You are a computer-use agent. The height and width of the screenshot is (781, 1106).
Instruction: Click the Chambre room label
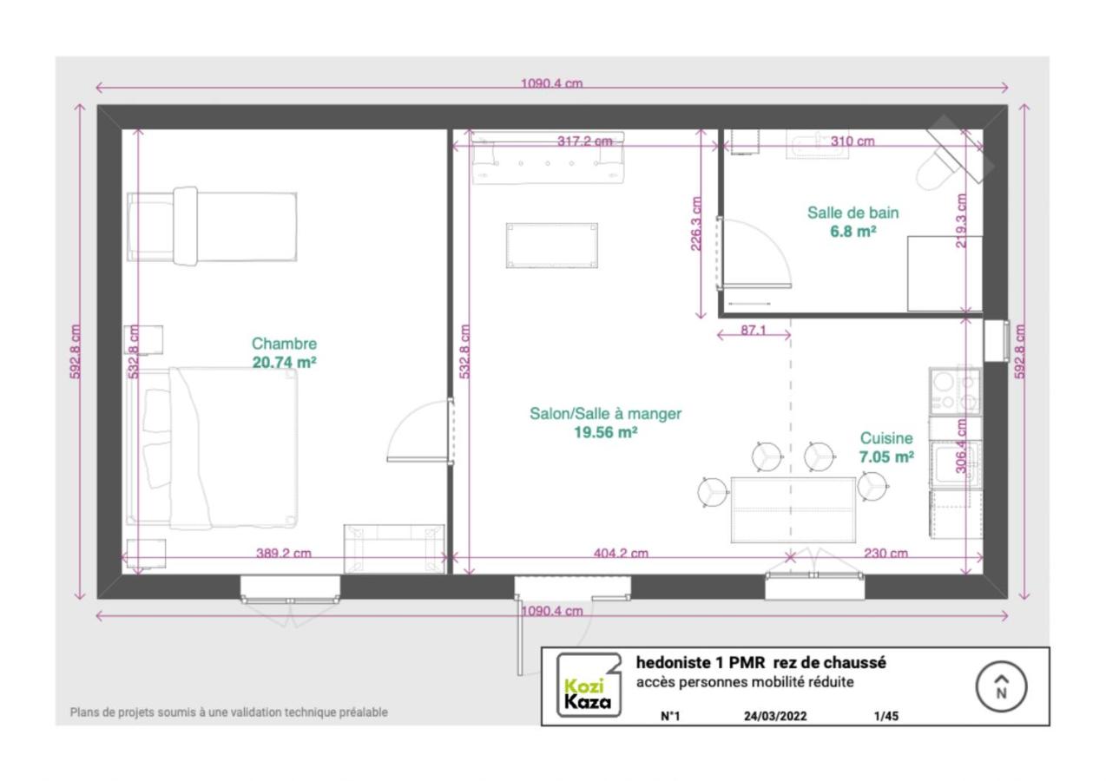click(x=284, y=344)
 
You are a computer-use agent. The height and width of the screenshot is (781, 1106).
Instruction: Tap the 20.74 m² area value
click(x=284, y=363)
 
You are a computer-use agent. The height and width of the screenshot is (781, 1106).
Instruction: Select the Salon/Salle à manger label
click(x=605, y=414)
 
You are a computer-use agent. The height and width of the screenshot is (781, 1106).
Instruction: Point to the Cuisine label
click(x=886, y=438)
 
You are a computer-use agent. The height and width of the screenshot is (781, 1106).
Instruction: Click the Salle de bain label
click(x=853, y=213)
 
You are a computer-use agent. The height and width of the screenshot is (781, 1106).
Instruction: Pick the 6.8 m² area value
click(x=853, y=232)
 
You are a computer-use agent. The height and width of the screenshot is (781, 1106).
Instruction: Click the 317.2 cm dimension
click(x=584, y=141)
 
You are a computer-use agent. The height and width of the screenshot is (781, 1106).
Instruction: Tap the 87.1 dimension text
click(x=754, y=330)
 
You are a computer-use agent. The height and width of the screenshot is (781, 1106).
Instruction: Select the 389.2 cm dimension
click(x=284, y=553)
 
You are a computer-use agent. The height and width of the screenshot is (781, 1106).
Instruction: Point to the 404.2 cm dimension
click(x=621, y=553)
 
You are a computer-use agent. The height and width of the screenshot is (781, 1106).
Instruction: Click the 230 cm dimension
click(x=885, y=553)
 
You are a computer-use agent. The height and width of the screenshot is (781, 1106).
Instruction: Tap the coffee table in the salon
click(x=552, y=246)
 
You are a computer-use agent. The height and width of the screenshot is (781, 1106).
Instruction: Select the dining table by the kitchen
click(x=793, y=510)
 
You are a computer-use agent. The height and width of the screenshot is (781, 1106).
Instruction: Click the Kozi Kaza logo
click(x=589, y=686)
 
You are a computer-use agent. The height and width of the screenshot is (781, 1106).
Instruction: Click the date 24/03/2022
click(x=775, y=716)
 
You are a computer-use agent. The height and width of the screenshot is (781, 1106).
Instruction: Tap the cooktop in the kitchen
click(x=955, y=390)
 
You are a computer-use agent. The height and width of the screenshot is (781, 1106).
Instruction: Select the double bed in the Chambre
click(x=213, y=447)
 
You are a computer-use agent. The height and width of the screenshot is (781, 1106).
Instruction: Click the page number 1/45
click(x=886, y=716)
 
